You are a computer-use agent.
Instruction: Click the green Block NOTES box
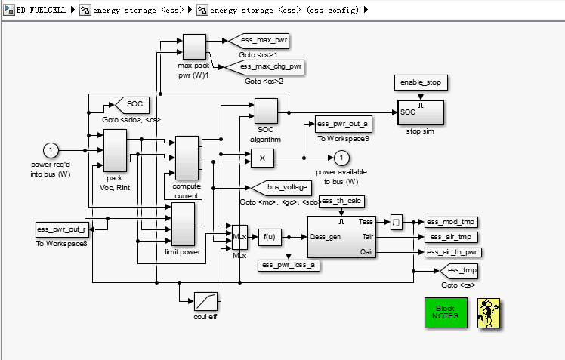coord(446,312)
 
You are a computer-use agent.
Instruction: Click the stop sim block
coord(421,112)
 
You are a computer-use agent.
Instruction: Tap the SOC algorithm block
coord(266,112)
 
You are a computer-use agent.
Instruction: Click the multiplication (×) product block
coord(262,158)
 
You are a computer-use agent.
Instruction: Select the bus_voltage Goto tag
coord(279,187)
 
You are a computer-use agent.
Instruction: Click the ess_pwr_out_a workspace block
coord(342,124)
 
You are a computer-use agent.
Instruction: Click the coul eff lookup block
coord(205,302)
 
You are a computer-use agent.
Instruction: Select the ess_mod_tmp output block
coord(451,222)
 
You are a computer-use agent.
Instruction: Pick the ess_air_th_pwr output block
coord(454,252)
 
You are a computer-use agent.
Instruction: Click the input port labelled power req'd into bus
coord(51,150)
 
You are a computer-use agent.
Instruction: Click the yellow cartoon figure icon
coord(490,312)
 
